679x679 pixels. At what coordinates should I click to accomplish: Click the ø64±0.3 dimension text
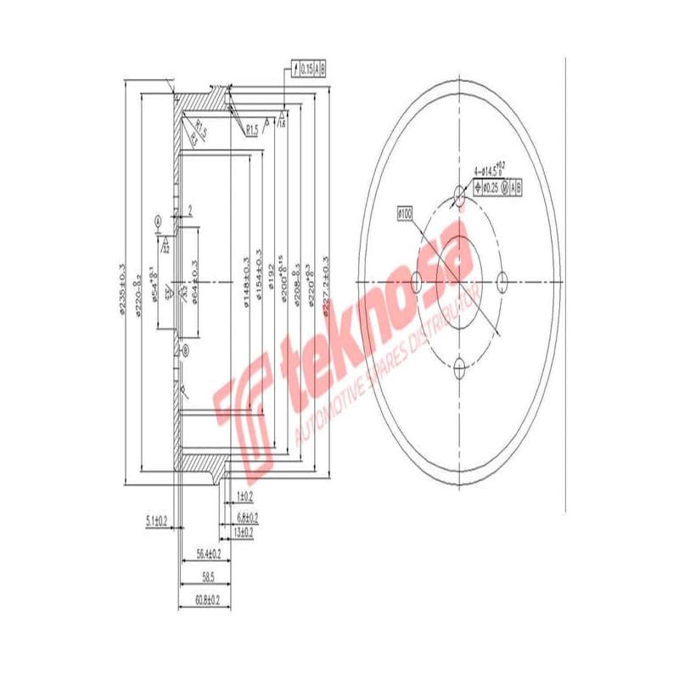coord(194,285)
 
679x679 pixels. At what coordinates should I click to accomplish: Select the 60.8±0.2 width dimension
coord(203,599)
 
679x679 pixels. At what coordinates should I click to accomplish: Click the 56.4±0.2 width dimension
coord(204,554)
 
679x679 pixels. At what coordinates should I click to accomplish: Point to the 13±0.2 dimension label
coord(243,531)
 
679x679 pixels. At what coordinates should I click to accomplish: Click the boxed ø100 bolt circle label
coord(404,215)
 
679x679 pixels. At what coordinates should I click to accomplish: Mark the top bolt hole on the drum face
coord(459,197)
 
